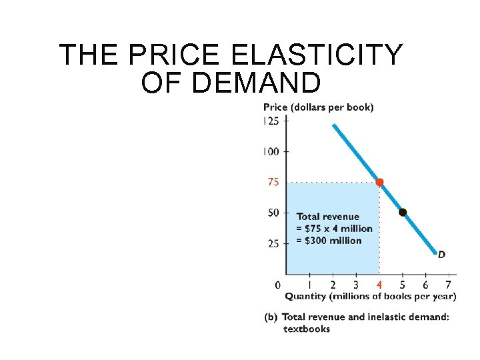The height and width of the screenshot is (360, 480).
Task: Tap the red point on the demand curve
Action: click(x=379, y=182)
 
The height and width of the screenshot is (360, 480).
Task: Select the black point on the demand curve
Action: click(x=403, y=213)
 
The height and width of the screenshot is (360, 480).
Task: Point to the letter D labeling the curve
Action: click(x=441, y=253)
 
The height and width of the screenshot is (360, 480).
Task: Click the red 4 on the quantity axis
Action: click(x=379, y=285)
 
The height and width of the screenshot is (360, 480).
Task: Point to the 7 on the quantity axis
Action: click(x=449, y=285)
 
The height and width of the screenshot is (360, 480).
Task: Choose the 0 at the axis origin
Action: click(x=278, y=285)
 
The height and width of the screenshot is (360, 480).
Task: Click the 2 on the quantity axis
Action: click(x=333, y=285)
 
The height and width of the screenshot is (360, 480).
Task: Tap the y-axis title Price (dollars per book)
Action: click(x=318, y=107)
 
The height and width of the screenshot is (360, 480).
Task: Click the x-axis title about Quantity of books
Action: click(x=370, y=296)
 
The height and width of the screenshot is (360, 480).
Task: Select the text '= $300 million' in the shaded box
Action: click(x=329, y=241)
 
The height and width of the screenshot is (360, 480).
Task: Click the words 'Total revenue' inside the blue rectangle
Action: click(x=327, y=217)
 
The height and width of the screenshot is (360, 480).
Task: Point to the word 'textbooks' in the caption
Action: click(x=306, y=328)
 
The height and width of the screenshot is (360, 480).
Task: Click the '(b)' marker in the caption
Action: click(x=271, y=317)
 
